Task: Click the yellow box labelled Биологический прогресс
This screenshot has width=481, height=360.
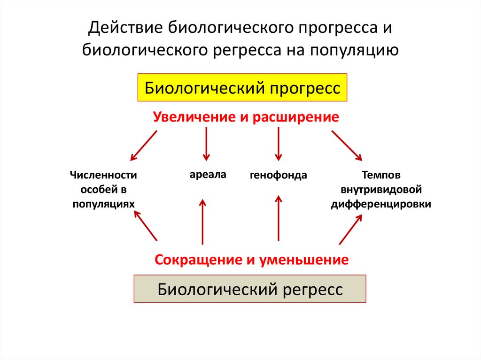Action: [242, 88]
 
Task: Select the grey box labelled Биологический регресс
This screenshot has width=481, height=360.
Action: [250, 289]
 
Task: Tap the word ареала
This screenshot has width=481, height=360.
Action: [208, 175]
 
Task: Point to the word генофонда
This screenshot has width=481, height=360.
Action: [279, 176]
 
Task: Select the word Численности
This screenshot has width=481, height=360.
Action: [103, 176]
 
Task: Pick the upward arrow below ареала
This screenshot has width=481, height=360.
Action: [202, 221]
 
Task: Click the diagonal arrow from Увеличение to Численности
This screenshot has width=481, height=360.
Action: [144, 145]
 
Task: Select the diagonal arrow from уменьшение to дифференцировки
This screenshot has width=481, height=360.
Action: [350, 230]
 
